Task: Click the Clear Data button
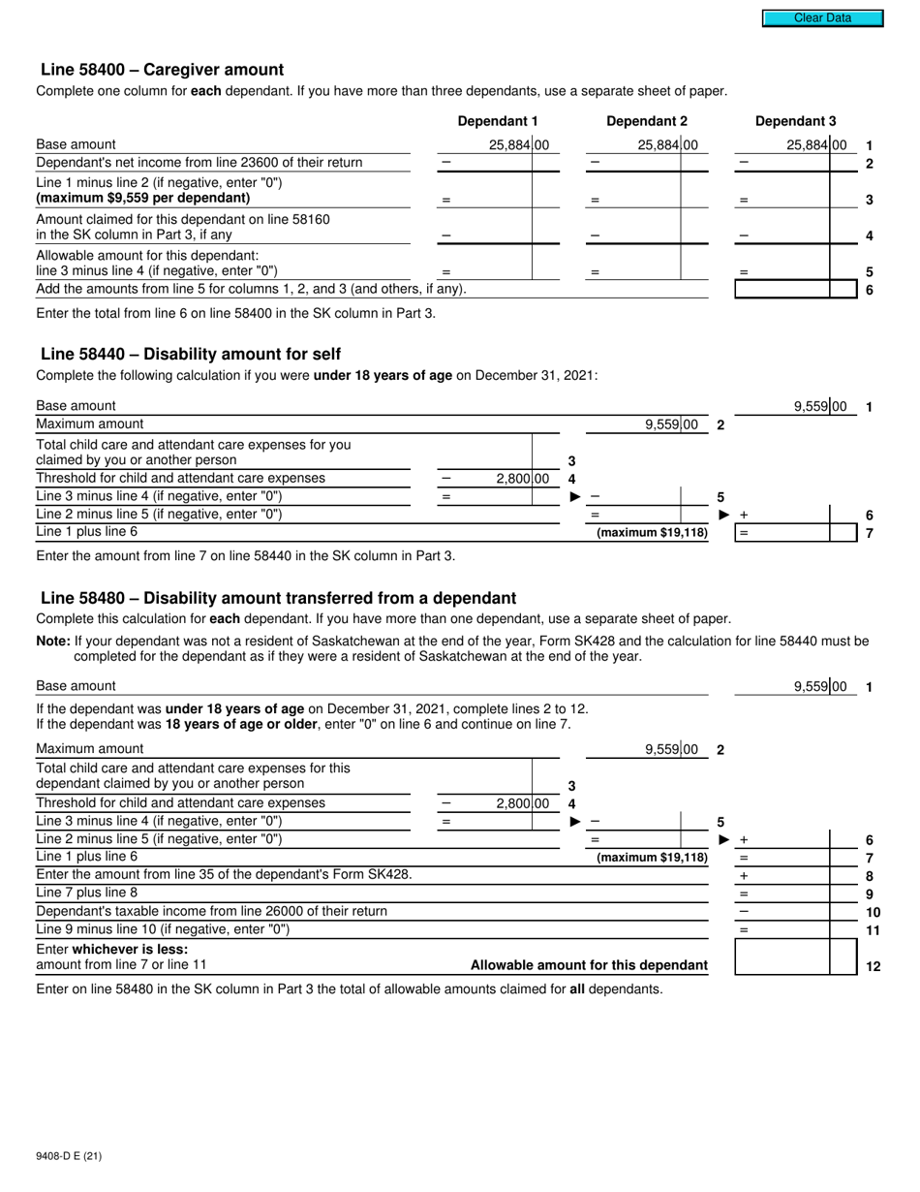822,17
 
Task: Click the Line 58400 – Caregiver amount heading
162,70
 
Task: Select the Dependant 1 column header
497,121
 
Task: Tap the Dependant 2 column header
646,121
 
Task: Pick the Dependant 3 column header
795,121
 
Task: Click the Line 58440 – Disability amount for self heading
190,354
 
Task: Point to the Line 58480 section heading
278,598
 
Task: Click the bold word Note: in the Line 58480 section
53,641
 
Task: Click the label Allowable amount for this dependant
589,965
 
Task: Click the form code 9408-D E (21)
68,1155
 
